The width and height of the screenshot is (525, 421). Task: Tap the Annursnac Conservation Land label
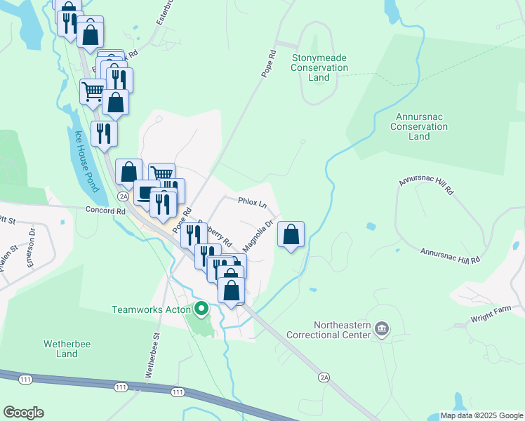pos(419,127)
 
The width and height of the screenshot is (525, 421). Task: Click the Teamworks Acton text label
pos(151,309)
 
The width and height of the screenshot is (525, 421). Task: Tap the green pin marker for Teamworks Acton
pos(201,308)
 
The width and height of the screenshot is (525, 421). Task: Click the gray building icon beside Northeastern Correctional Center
pos(383,328)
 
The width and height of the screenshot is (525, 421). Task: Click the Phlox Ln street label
pos(253,204)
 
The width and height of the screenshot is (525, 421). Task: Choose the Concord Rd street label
pos(105,210)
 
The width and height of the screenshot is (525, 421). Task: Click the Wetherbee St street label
pos(153,355)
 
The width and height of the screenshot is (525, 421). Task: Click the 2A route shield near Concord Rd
pos(124,197)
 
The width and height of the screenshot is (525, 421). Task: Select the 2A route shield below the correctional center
pos(324,377)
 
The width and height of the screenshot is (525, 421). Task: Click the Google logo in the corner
pos(24,413)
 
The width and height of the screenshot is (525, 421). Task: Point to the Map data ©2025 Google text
pos(481,415)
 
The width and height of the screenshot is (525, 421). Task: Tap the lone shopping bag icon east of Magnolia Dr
pos(291,235)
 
